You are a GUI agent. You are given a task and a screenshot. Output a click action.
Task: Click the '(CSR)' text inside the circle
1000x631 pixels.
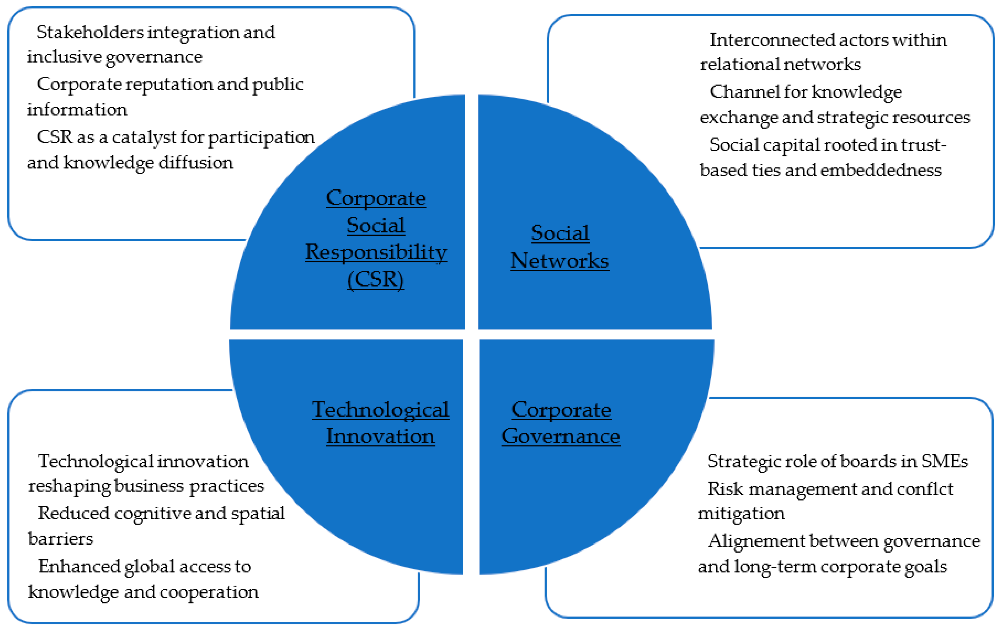click(376, 279)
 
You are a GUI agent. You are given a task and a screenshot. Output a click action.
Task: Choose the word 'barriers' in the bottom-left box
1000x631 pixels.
click(61, 539)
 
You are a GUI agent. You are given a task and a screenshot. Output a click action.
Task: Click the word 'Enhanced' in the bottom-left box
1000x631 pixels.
click(79, 566)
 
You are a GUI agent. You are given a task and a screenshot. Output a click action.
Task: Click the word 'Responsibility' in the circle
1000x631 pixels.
click(376, 252)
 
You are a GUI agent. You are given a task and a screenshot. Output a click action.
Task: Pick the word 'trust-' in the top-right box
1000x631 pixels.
click(924, 145)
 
